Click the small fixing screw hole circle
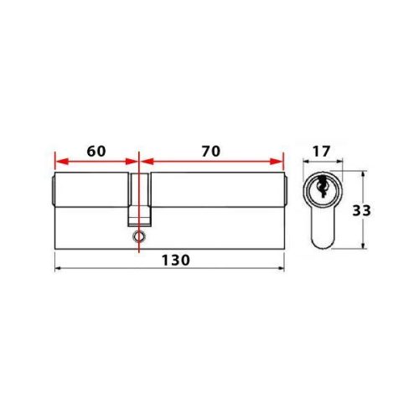coord(137,237)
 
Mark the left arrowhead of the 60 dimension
coord(58,161)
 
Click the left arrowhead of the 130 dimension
coord(58,268)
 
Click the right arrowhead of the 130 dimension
coord(279,268)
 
